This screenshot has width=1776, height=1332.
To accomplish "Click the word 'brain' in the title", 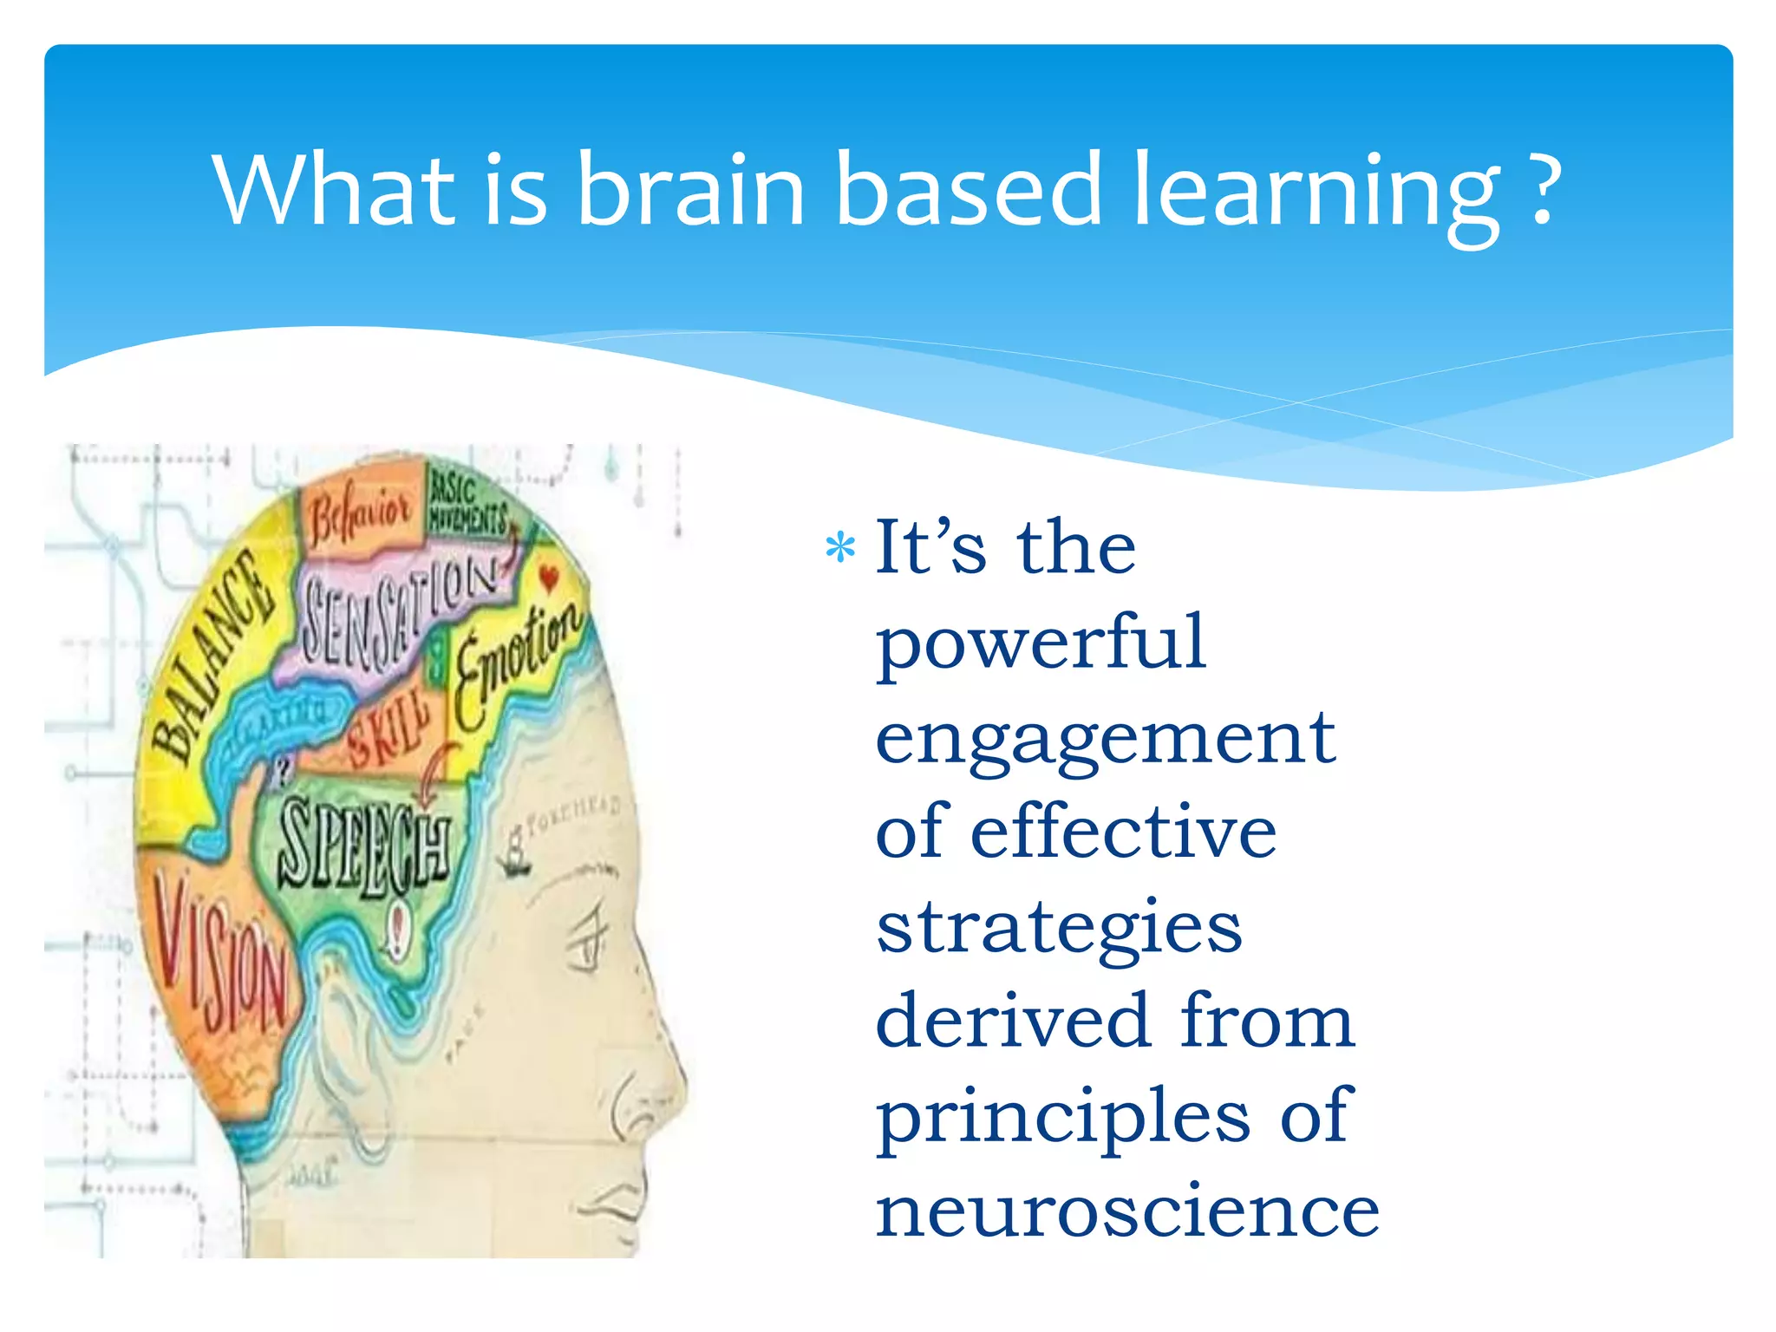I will [689, 189].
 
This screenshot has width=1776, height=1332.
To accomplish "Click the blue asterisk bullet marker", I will [840, 548].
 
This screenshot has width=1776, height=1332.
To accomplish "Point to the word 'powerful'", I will [1041, 644].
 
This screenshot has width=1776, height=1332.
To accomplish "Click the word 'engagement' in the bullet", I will [1105, 740].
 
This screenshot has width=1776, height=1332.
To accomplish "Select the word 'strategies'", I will [1059, 929].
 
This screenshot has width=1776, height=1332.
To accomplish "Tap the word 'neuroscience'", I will [1126, 1211].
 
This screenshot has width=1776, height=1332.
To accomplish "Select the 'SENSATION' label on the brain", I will [395, 617].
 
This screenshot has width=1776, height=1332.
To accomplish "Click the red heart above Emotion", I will [548, 577].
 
